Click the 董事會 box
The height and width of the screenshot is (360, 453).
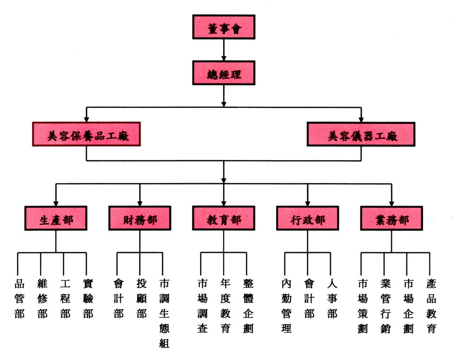[x=223, y=27]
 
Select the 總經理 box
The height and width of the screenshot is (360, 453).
[x=223, y=73]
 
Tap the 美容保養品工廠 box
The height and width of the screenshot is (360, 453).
[x=86, y=134]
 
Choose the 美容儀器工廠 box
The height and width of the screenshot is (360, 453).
[x=361, y=134]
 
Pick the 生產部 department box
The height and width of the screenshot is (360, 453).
[x=56, y=218]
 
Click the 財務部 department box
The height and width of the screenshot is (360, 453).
[x=140, y=218]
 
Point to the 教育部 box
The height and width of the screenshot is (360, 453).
[x=223, y=218]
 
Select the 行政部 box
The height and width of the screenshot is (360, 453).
[x=307, y=218]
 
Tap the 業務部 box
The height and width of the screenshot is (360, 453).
[x=392, y=218]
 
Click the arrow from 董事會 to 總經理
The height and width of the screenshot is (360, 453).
[x=223, y=50]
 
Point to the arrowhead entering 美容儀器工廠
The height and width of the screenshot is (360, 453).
[x=361, y=119]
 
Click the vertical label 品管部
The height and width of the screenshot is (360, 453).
[x=19, y=299]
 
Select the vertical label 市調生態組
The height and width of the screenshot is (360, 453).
[x=164, y=314]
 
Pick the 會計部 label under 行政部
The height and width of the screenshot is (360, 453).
[x=309, y=299]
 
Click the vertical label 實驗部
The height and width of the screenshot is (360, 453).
[x=88, y=299]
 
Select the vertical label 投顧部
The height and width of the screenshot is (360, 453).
[x=141, y=299]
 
